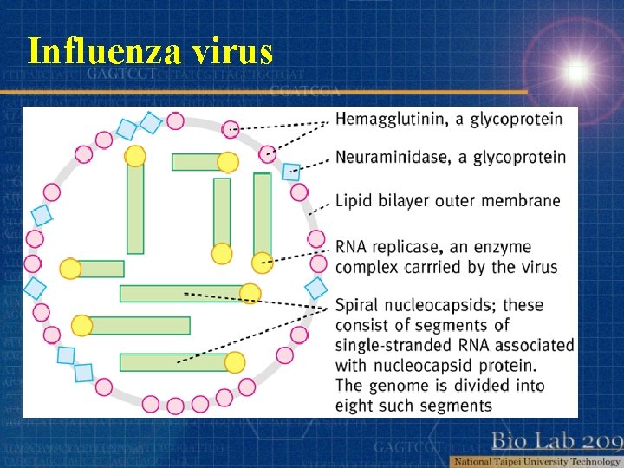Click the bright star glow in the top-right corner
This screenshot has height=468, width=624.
pos(575,70)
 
